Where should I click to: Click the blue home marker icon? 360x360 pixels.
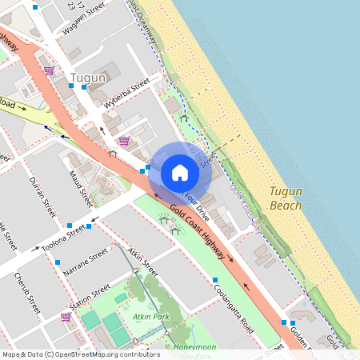click(180, 172)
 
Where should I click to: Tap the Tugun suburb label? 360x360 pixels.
click(88, 78)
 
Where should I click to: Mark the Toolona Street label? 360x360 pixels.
click(64, 238)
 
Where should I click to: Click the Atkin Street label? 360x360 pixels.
click(142, 262)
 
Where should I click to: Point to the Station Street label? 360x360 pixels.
click(90, 297)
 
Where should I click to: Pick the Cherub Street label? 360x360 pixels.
click(26, 293)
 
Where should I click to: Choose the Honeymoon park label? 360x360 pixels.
click(195, 346)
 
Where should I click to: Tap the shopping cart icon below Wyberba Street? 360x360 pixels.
click(123, 141)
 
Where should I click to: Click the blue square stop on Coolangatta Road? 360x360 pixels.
click(215, 280)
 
